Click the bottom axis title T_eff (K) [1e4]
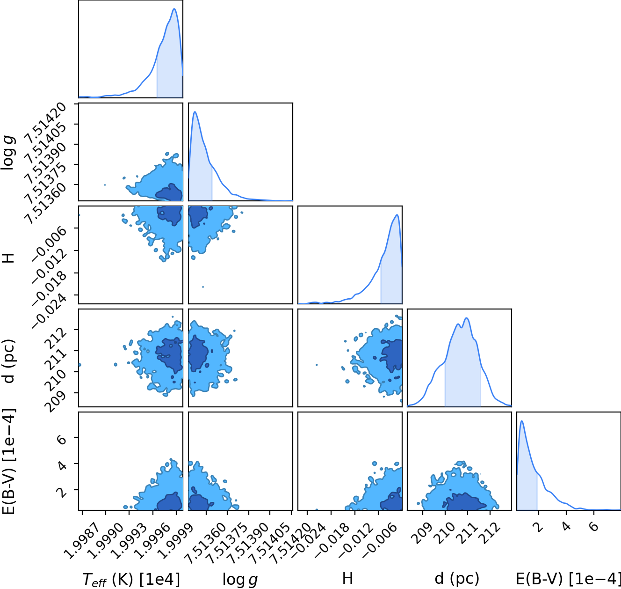[x=131, y=580]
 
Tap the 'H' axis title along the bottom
[x=347, y=578]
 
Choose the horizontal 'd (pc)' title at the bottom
[x=457, y=579]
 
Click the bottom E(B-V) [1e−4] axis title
[x=568, y=579]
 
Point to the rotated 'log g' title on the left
[x=8, y=153]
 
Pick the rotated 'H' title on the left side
[x=8, y=258]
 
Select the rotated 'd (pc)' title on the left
[x=8, y=361]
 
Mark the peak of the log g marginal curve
[x=195, y=111]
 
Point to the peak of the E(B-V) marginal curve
[x=522, y=421]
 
